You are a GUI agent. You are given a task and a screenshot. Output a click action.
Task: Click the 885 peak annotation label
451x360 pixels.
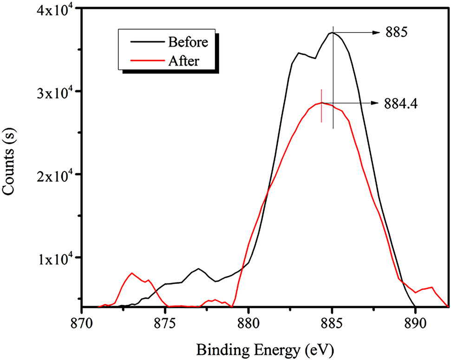tap(396, 33)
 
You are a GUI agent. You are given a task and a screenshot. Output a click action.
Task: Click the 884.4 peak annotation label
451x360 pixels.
tap(401, 104)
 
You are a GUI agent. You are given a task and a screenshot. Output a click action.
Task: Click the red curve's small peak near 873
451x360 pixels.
tap(132, 273)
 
